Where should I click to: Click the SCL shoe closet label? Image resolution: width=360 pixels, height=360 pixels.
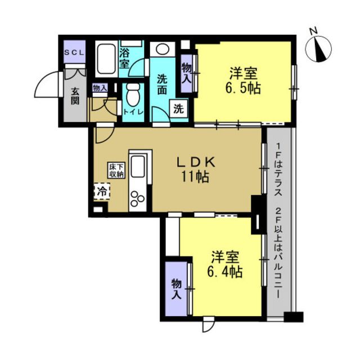74,52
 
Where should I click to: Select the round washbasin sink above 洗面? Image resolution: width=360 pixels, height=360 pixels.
163,49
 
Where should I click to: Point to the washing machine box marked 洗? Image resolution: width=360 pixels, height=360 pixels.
179,109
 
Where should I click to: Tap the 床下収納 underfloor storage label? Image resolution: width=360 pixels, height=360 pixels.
116,170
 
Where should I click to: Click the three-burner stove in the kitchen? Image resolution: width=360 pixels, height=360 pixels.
137,199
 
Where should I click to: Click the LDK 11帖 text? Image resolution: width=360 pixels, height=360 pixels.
195,169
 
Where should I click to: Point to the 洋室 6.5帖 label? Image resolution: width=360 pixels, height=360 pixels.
244,80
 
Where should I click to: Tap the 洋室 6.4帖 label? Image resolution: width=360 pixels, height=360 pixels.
225,264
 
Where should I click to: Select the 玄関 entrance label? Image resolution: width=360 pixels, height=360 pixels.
75,96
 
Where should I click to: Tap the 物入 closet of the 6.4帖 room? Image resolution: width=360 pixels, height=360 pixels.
177,289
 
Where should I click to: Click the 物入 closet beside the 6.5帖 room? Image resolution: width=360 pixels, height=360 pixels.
187,73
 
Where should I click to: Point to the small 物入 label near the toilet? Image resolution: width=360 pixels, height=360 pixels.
100,88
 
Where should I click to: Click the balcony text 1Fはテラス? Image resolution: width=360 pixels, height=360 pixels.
278,169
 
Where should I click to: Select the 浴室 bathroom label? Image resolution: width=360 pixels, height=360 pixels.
124,59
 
